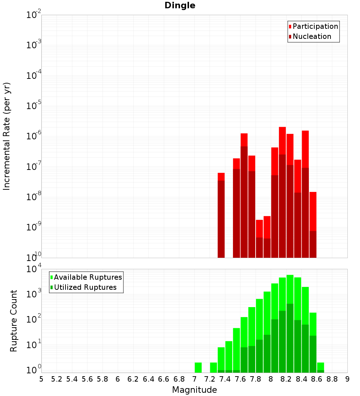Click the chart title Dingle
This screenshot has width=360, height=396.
coord(180,6)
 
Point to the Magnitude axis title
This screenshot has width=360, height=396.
coord(194,390)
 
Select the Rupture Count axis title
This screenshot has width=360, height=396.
coord(14,321)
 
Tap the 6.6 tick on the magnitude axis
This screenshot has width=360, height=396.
coord(164,379)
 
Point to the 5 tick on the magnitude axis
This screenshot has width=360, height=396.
coord(41,379)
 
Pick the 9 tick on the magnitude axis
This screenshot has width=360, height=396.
coord(347,379)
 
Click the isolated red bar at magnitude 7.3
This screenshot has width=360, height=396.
coord(221,216)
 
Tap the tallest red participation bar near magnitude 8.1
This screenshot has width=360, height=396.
coord(282,140)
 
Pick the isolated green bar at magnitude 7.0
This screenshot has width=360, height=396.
coord(198,367)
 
